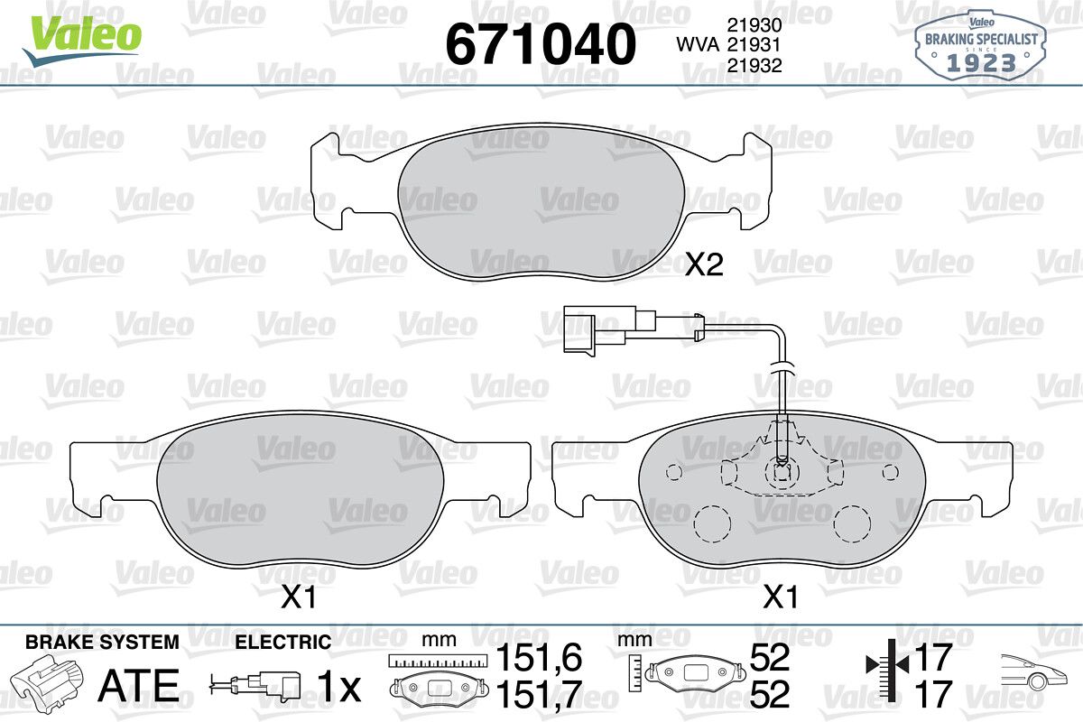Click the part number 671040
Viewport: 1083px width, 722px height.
click(x=541, y=44)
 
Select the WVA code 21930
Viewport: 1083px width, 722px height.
click(x=754, y=24)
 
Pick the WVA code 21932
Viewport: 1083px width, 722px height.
click(x=754, y=65)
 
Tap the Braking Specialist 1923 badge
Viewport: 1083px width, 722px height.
click(x=980, y=48)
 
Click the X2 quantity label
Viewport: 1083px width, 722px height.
click(x=705, y=264)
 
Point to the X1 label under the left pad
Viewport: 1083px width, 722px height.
click(x=299, y=597)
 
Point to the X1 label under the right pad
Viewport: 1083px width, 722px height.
click(x=781, y=597)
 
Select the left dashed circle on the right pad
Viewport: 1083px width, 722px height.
click(x=712, y=524)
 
